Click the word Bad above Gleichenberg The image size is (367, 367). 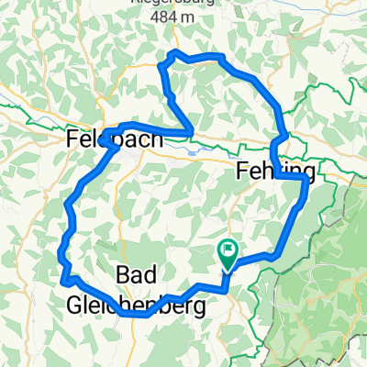point(139,274)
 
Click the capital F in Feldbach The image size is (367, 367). point(74,139)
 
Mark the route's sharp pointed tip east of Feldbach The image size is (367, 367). point(192,130)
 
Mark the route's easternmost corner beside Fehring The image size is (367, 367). point(306,183)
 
